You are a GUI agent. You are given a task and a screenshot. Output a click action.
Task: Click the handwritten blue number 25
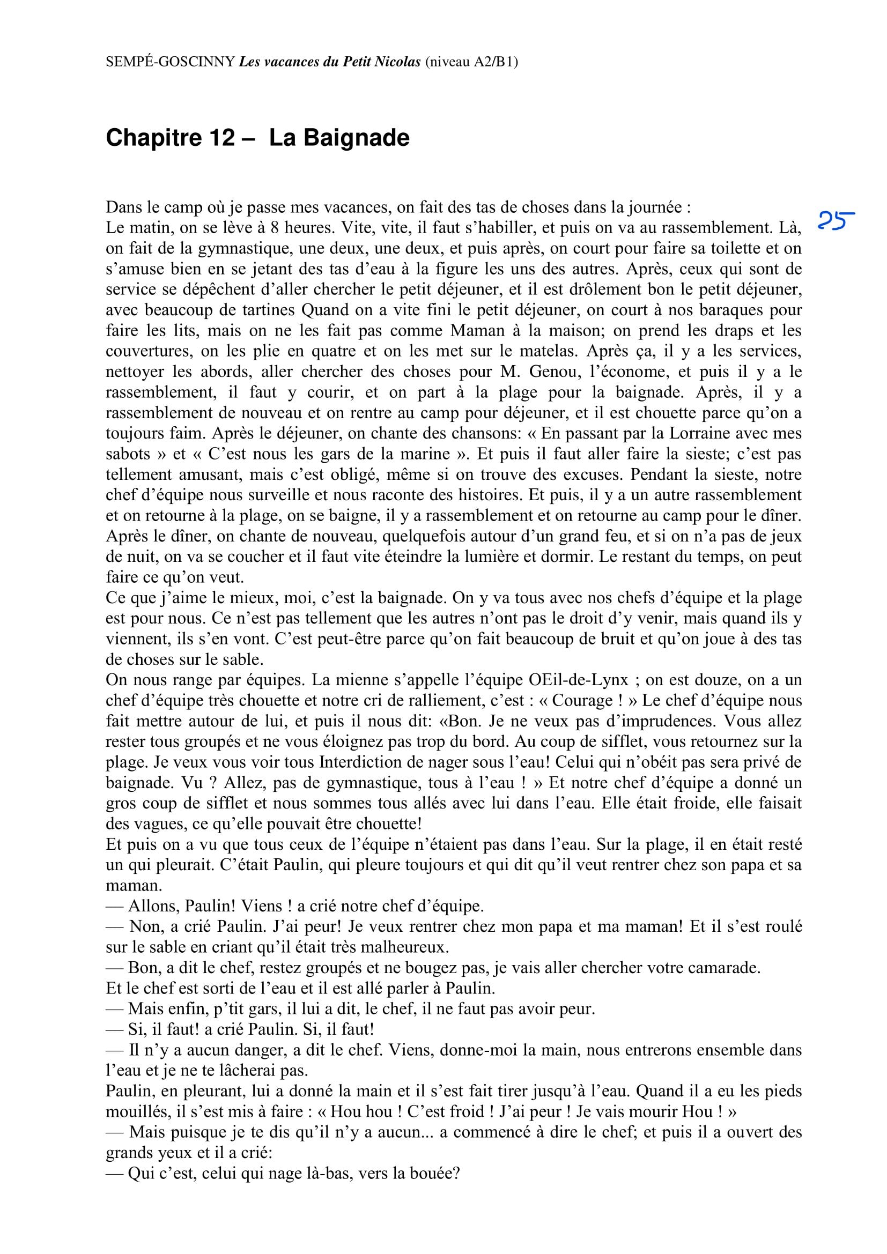pos(836,221)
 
